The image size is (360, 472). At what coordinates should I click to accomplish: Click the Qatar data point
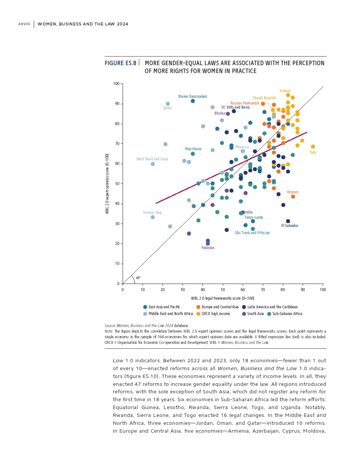point(168,104)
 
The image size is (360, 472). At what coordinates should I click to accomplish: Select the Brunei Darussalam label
point(192,96)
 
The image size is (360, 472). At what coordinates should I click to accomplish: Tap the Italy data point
point(313,147)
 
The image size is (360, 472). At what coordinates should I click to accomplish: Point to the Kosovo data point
point(293,197)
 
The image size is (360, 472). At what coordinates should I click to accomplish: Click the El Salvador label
point(290,226)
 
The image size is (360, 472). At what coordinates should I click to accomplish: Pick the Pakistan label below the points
point(208,248)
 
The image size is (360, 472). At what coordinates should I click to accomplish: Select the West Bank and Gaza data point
point(153,164)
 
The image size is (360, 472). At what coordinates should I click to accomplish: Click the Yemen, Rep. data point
point(153,217)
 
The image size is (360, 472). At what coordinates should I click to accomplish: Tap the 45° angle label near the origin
point(138,278)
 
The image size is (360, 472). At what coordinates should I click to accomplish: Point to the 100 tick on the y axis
point(116,84)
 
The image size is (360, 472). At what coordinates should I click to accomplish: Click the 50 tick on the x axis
point(223,290)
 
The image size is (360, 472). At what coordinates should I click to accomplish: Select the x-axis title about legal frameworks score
point(222,298)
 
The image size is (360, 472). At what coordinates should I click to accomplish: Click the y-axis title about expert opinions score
point(107,184)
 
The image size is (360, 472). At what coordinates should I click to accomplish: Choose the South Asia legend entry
point(255,314)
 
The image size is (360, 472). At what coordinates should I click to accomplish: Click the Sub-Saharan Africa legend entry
point(287,314)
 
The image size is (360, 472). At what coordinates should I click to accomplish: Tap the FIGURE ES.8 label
point(120,63)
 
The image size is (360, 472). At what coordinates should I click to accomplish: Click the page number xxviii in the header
point(24,24)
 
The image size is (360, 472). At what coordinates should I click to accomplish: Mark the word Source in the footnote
point(110,326)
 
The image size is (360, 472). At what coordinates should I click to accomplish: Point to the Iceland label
point(285,91)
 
